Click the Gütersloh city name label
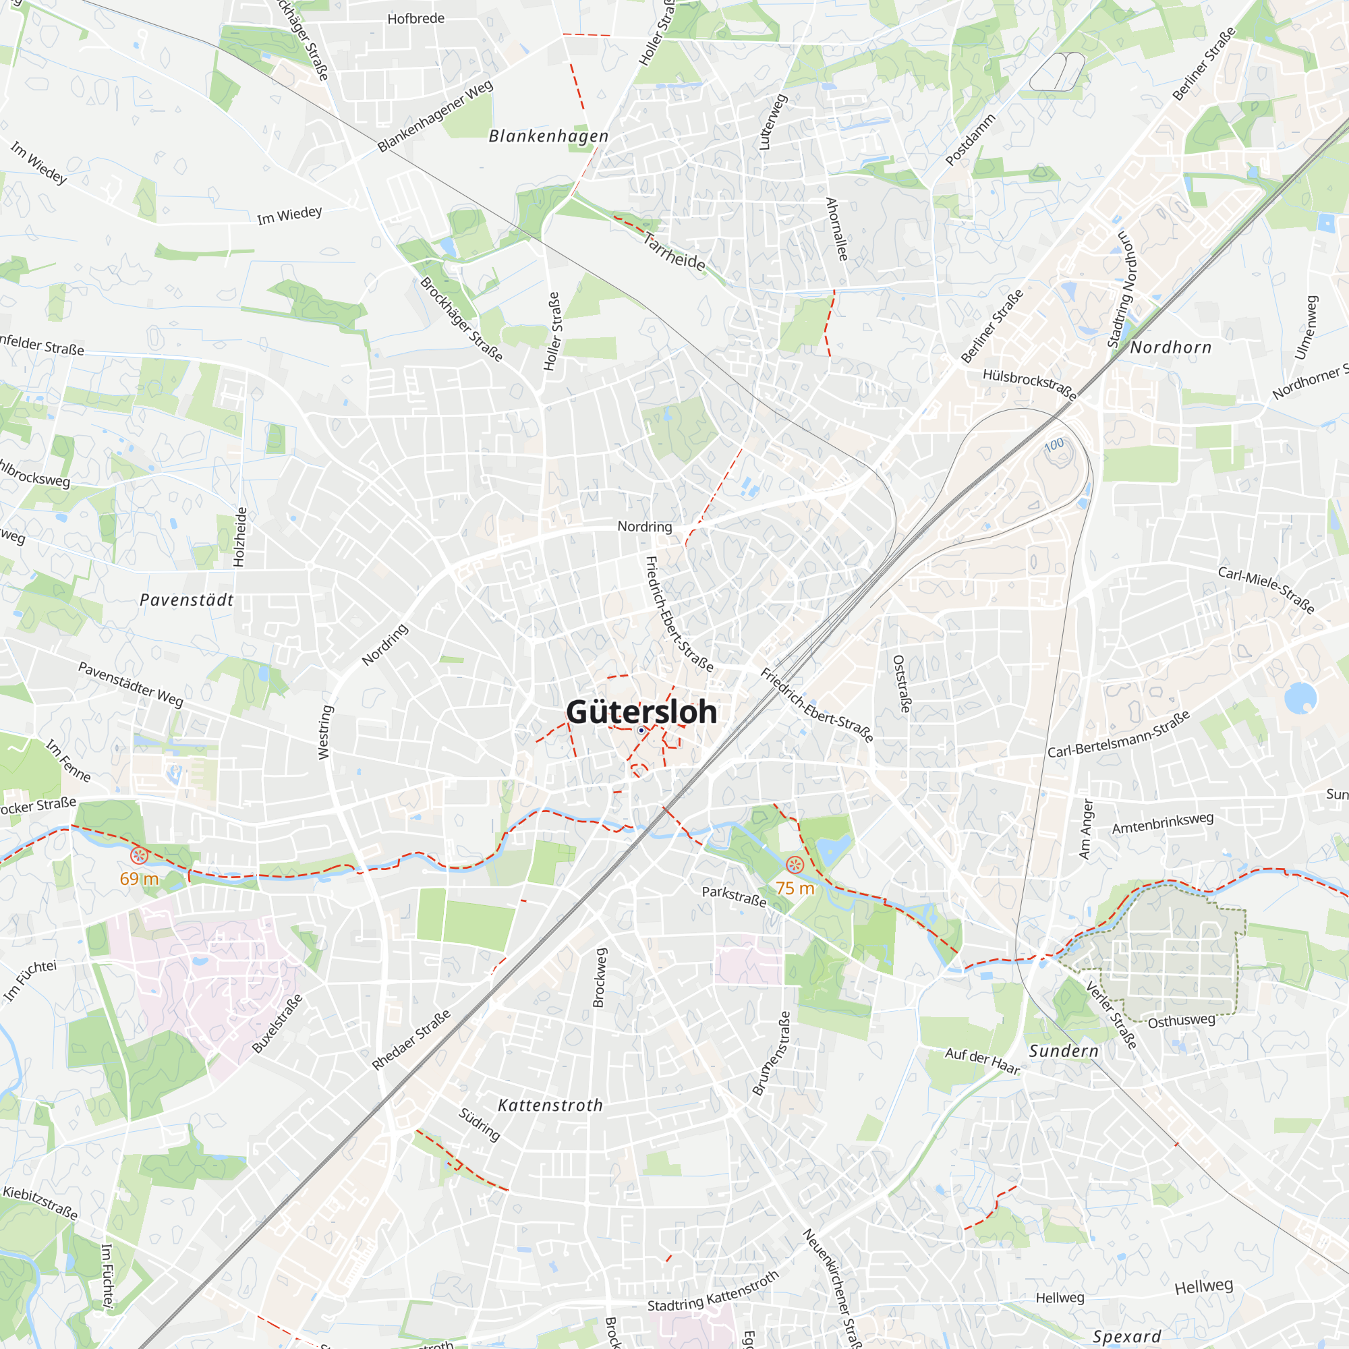(641, 712)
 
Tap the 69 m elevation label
(139, 878)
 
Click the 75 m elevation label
(795, 888)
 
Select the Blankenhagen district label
(548, 136)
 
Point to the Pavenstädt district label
(186, 600)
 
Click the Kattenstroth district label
(550, 1106)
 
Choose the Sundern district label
(1064, 1051)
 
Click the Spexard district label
(1127, 1336)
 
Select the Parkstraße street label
(734, 896)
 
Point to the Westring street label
(324, 732)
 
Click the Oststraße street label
(901, 683)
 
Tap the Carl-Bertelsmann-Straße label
(1118, 735)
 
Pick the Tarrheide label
(674, 252)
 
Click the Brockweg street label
(599, 977)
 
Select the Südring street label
(479, 1124)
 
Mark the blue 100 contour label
(1054, 444)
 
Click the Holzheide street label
(239, 536)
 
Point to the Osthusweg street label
(1182, 1021)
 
